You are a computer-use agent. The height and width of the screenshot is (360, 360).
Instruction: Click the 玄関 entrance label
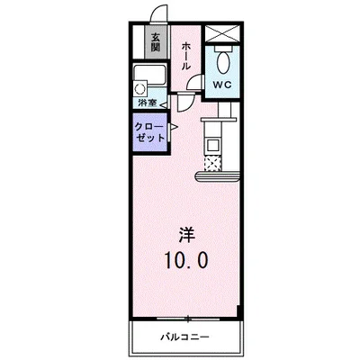[x=155, y=41]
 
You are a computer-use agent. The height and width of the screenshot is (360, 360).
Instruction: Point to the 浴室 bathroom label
[x=155, y=103]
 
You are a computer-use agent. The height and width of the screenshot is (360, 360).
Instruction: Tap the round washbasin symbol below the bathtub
[x=141, y=89]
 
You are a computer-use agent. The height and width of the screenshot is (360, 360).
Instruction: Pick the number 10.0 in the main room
[x=185, y=261]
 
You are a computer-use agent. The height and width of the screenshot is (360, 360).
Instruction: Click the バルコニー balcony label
[x=185, y=338]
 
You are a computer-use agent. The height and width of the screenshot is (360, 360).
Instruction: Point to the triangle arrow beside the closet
[x=173, y=129]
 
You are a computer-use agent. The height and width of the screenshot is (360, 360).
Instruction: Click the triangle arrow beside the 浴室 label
[x=173, y=103]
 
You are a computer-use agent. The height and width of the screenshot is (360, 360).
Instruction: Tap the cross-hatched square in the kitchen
[x=213, y=164]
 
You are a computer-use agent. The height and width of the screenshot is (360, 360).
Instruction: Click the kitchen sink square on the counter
[x=214, y=144]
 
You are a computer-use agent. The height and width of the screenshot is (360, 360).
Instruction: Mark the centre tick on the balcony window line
[x=186, y=319]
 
